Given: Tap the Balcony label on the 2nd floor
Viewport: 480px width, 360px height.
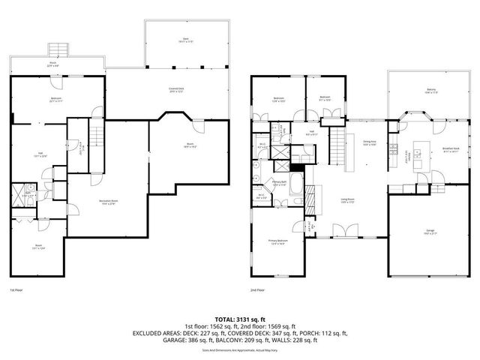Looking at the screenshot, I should pos(431,90).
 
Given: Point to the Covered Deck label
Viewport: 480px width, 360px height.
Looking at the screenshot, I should pos(177,90).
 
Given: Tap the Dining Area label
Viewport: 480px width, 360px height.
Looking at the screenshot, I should pos(369,142).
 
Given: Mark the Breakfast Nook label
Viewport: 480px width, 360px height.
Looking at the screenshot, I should pos(451,149).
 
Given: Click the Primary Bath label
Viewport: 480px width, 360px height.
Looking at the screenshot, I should pos(280,184).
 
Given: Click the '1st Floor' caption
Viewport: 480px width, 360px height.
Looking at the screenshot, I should pos(17,289).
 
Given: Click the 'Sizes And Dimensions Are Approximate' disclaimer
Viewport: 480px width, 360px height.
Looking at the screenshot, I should pos(240,349).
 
